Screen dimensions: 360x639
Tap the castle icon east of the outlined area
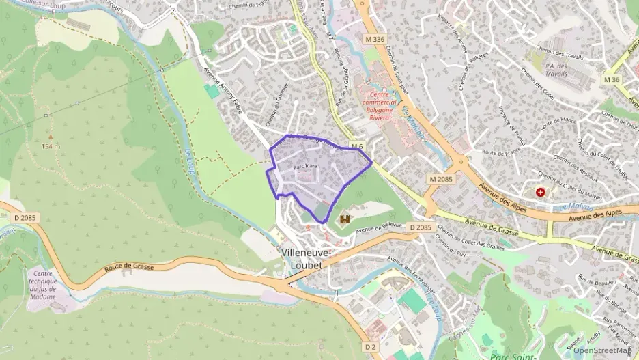point(345,219)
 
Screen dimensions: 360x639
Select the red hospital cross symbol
point(541,193)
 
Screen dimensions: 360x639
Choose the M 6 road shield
point(358,146)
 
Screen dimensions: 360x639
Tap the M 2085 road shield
point(441,179)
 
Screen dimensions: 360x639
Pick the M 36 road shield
point(612,80)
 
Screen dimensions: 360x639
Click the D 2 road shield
point(371,347)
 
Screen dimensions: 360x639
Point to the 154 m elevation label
point(50,146)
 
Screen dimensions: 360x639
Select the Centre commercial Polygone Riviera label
point(387,105)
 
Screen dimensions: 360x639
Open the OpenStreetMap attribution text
point(601,350)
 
